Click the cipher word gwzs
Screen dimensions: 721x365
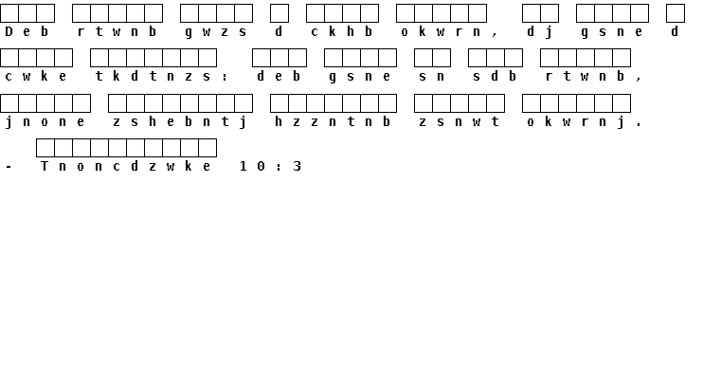216,31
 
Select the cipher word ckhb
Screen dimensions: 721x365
342,31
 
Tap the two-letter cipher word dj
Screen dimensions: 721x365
540,31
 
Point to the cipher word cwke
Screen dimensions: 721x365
36,77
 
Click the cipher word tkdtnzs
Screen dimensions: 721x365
153,77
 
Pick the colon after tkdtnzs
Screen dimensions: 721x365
225,77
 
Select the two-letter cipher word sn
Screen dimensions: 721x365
432,77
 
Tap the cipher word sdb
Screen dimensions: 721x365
496,76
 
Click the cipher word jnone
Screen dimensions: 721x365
45,122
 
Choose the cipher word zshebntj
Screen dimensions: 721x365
180,122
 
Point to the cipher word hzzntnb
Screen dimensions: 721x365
333,121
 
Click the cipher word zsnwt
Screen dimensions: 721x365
460,122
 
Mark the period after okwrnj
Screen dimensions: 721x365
640,125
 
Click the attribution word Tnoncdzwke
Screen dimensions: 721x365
126,166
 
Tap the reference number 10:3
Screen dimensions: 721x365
270,166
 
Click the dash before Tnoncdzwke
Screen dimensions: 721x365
9,167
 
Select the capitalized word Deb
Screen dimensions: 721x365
27,31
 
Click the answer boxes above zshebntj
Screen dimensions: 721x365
180,103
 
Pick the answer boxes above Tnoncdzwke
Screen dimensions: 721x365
126,148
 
